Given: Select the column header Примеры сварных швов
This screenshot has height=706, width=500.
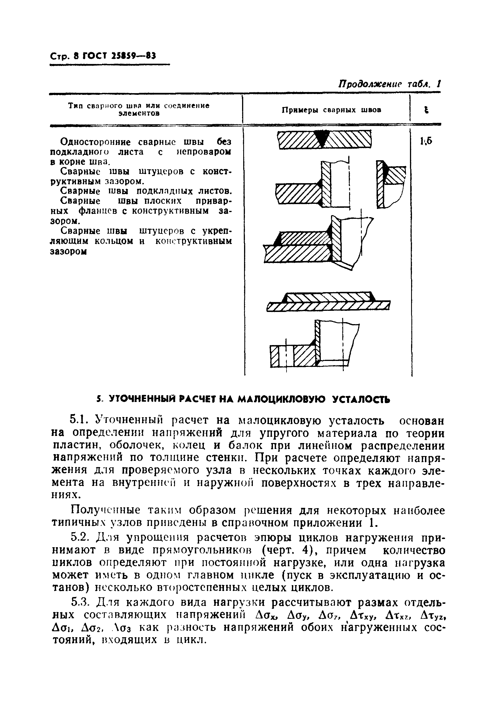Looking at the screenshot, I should point(332,110).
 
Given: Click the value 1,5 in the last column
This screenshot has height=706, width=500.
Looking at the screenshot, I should point(426,141).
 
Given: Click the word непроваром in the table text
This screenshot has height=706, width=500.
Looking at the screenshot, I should point(204,152).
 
